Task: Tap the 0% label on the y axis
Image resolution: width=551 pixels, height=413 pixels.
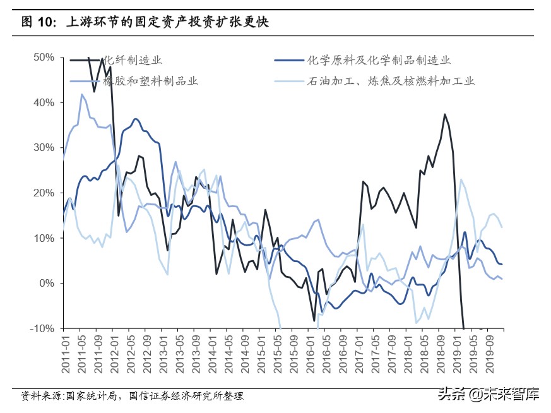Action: (x=47, y=283)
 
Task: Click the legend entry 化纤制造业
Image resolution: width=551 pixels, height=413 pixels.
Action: (x=133, y=61)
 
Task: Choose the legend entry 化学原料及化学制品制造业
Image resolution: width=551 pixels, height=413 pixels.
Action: (x=378, y=61)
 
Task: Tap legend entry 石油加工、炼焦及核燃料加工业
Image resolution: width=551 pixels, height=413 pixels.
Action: (x=391, y=81)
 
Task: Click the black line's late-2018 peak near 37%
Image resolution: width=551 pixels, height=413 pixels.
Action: (x=445, y=114)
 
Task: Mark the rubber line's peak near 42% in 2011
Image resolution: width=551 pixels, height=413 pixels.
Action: (x=82, y=95)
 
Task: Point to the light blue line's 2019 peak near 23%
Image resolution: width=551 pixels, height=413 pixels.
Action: (x=461, y=179)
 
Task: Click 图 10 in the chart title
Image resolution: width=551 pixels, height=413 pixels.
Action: (x=35, y=22)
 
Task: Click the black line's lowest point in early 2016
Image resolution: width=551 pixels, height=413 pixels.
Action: (x=314, y=321)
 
